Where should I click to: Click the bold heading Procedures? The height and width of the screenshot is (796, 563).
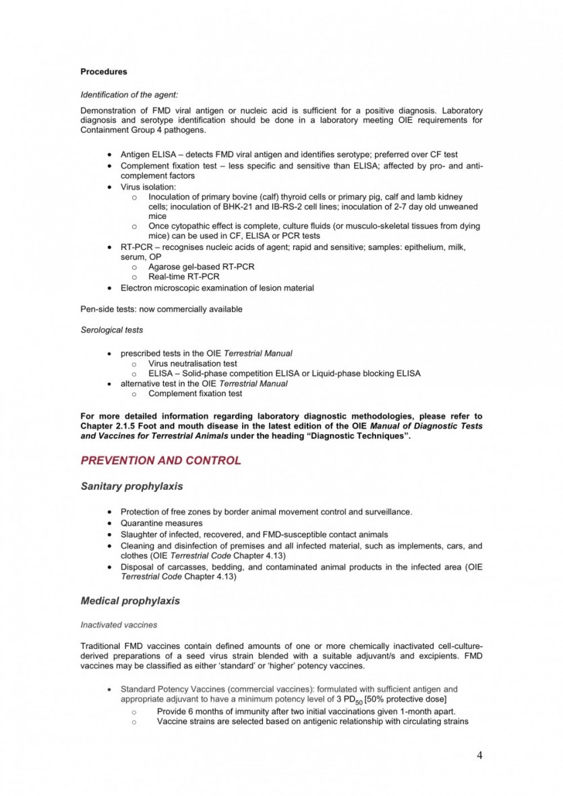click(x=103, y=71)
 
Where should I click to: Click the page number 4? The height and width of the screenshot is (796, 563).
click(x=479, y=755)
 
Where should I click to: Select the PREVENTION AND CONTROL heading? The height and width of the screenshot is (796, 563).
click(x=160, y=461)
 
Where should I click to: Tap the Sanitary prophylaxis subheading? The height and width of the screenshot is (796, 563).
click(x=131, y=486)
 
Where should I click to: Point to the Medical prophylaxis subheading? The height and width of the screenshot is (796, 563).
click(x=130, y=600)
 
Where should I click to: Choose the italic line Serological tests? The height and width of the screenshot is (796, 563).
click(x=111, y=330)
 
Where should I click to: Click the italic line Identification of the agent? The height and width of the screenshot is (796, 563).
click(x=129, y=95)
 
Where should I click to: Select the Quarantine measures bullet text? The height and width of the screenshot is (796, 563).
click(x=161, y=523)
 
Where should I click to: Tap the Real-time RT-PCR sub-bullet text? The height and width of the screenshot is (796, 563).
click(x=183, y=276)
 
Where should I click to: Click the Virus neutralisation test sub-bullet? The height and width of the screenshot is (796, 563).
click(x=193, y=363)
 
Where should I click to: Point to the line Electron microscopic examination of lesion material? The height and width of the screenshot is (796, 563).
click(x=217, y=288)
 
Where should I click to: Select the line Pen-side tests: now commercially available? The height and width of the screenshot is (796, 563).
click(x=161, y=309)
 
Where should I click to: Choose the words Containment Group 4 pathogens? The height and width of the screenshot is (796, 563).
click(x=127, y=129)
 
